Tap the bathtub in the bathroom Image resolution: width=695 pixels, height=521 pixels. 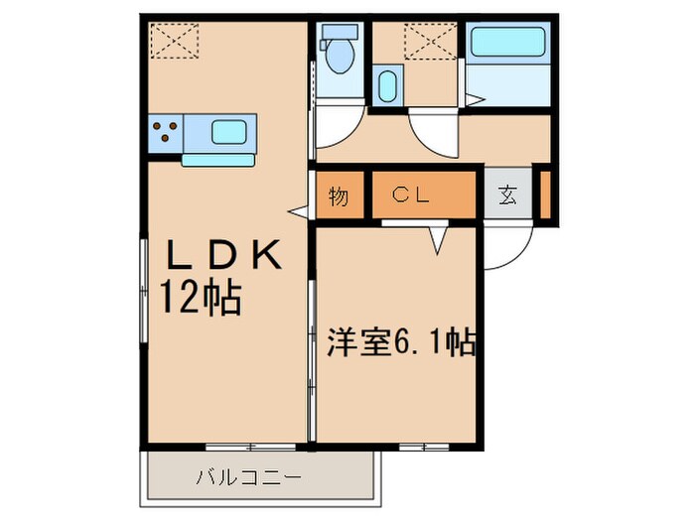tap(505, 43)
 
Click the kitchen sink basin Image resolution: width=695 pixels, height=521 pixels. tap(230, 131)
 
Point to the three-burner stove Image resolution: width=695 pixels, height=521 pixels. tap(166, 131)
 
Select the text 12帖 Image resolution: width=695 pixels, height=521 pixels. tap(203, 296)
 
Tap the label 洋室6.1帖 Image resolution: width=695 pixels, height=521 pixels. tap(401, 343)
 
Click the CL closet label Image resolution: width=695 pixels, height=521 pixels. tap(409, 195)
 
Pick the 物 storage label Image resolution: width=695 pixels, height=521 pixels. tap(339, 196)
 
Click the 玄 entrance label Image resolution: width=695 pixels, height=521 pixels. tap(507, 195)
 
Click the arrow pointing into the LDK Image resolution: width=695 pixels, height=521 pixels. tap(297, 210)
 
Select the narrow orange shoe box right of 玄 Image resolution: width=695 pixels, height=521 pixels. tap(546, 195)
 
